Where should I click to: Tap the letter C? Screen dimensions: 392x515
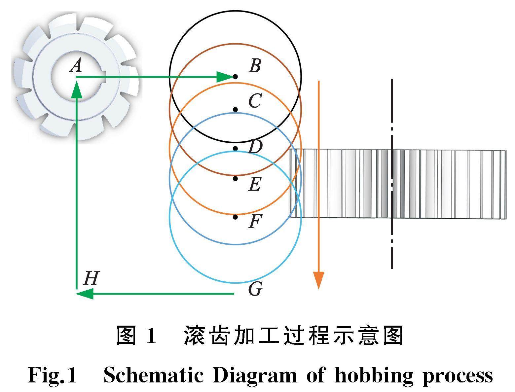[x=255, y=101]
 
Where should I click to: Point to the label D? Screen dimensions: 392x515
[x=255, y=147]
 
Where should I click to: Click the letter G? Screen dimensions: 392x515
[x=255, y=289]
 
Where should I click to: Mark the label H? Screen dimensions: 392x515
[x=91, y=278]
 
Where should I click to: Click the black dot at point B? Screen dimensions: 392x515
[x=235, y=77]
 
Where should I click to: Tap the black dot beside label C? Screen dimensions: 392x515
[x=235, y=110]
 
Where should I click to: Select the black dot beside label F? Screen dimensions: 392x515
[x=235, y=217]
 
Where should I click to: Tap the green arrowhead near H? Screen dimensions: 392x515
[x=85, y=293]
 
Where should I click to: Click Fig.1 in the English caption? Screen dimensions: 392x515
[x=53, y=375]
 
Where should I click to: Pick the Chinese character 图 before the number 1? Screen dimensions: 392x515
[x=127, y=336]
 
